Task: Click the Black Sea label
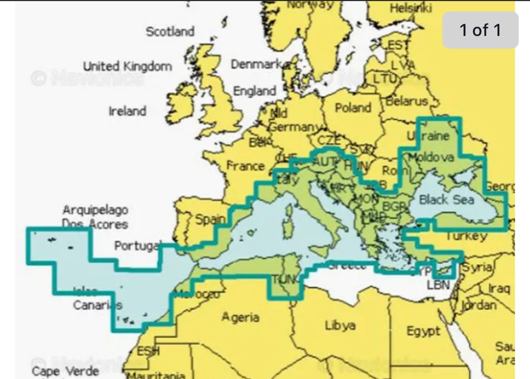tap(446, 200)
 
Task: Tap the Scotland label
tap(169, 32)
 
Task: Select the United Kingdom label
tap(127, 67)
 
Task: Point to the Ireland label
tap(127, 112)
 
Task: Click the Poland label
tap(352, 108)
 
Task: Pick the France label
tap(245, 166)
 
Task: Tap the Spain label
tap(210, 219)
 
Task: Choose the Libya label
tap(340, 325)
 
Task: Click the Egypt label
tap(423, 331)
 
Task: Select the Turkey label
tap(466, 236)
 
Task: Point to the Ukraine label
tap(428, 136)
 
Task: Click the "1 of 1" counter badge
tap(480, 30)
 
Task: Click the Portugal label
tap(138, 246)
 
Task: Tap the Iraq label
tap(499, 288)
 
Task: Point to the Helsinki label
tap(411, 8)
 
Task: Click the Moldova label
tap(431, 158)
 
